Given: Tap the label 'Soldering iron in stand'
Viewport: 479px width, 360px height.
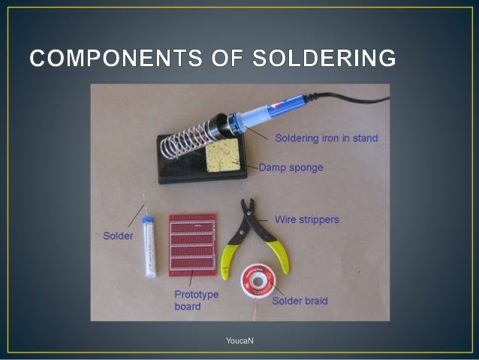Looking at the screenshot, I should tap(326, 138).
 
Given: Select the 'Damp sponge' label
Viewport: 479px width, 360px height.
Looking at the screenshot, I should tap(291, 167).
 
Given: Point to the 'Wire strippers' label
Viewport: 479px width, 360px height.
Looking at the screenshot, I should tap(306, 220).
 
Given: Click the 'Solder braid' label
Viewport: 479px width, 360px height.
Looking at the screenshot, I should tap(300, 301).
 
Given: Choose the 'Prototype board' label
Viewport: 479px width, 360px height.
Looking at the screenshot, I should tap(196, 301).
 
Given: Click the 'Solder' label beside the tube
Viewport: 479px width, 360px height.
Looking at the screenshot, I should tap(118, 236).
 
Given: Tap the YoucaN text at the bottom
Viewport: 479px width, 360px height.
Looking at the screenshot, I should tap(239, 342).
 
